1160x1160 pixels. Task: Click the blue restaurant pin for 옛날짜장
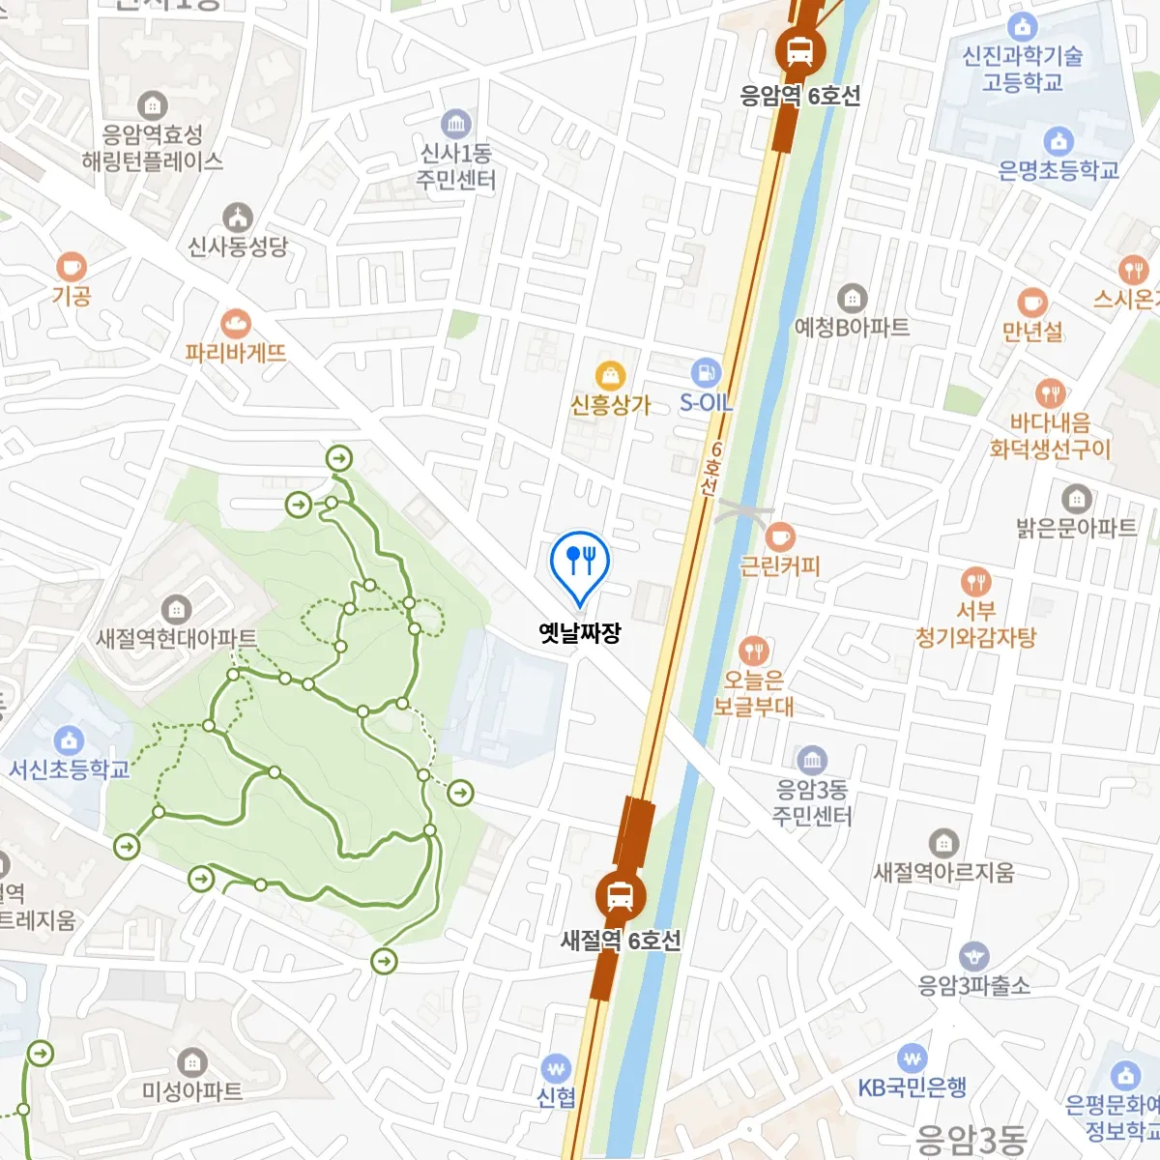point(579,560)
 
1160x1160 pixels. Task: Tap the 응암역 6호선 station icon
point(799,50)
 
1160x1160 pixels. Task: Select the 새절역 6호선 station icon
point(620,896)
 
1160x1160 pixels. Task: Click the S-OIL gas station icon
point(707,373)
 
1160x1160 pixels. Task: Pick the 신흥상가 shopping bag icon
point(610,375)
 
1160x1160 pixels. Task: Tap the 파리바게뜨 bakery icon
point(235,324)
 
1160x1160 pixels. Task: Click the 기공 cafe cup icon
point(71,266)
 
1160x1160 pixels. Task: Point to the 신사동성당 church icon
point(238,217)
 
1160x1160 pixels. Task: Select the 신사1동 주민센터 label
point(455,166)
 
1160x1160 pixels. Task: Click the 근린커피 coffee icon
point(780,536)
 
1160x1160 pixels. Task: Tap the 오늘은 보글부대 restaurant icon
point(754,651)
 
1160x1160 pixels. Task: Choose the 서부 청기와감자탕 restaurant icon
point(976,581)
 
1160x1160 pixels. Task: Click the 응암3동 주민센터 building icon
point(812,760)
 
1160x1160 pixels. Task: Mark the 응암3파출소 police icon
point(974,956)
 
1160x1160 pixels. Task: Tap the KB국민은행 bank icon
point(912,1058)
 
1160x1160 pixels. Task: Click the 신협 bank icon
point(556,1068)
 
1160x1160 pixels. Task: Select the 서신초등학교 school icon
point(69,740)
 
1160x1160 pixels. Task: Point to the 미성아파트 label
point(192,1090)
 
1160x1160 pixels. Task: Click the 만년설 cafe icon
point(1032,303)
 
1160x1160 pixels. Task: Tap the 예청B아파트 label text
point(852,327)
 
